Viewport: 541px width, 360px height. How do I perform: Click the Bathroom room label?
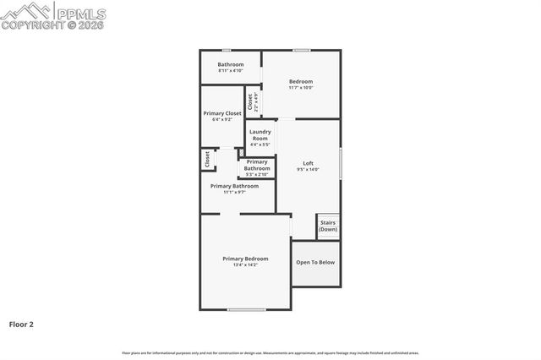pyautogui.click(x=231, y=64)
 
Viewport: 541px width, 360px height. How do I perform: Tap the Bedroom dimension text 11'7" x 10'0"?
pyautogui.click(x=301, y=88)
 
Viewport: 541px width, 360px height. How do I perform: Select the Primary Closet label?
pyautogui.click(x=222, y=113)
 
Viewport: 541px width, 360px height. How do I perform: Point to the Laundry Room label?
pyautogui.click(x=260, y=134)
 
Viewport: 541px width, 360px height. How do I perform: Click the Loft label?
pyautogui.click(x=308, y=163)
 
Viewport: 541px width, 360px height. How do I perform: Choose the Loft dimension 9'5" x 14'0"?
pyautogui.click(x=308, y=170)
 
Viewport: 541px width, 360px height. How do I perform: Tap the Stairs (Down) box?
pyautogui.click(x=328, y=226)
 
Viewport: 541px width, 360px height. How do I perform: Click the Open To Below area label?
pyautogui.click(x=315, y=262)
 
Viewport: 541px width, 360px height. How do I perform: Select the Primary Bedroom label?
pyautogui.click(x=245, y=258)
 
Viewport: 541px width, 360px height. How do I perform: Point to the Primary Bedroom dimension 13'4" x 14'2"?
pyautogui.click(x=245, y=265)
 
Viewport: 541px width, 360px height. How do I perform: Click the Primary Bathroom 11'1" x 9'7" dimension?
pyautogui.click(x=234, y=192)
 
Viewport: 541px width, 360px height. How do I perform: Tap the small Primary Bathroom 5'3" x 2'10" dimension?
pyautogui.click(x=257, y=175)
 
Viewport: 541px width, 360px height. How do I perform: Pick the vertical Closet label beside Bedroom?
pyautogui.click(x=250, y=102)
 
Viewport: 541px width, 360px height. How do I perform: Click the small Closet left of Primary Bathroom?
pyautogui.click(x=207, y=158)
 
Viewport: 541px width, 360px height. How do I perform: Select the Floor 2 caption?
pyautogui.click(x=21, y=324)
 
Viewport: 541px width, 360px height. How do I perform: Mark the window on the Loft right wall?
pyautogui.click(x=341, y=163)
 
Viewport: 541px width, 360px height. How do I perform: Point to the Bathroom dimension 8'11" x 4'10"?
pyautogui.click(x=231, y=71)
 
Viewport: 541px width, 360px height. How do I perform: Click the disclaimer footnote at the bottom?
pyautogui.click(x=270, y=353)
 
